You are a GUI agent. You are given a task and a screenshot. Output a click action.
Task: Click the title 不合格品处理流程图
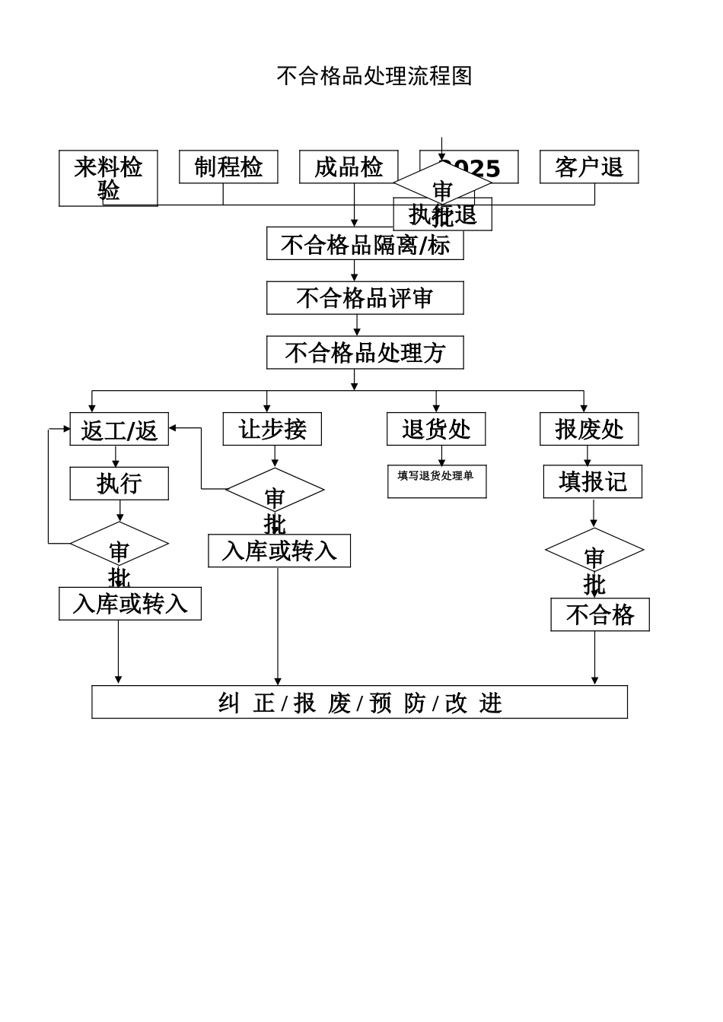(374, 76)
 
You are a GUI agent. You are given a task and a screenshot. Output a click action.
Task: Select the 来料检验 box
(108, 178)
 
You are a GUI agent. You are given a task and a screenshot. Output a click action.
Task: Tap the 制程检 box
(228, 167)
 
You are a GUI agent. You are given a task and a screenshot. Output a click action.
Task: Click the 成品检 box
(349, 167)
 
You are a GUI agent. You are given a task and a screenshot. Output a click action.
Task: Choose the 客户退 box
(589, 167)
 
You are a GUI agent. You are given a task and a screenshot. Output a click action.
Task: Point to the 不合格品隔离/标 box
(365, 243)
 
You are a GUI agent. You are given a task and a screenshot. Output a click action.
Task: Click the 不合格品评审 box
(365, 298)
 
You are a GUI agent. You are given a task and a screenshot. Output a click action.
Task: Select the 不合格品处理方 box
(365, 353)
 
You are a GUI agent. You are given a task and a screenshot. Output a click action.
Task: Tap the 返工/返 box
(119, 430)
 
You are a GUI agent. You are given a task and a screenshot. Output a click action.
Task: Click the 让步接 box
(272, 429)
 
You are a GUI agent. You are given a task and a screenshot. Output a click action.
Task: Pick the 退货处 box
(436, 429)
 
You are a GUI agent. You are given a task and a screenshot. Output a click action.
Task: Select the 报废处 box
(589, 429)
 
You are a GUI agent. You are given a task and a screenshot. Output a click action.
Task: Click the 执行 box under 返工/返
(119, 484)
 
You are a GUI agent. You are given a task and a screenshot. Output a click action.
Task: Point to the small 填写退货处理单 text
(435, 476)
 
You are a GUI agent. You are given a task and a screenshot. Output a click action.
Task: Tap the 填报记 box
(592, 481)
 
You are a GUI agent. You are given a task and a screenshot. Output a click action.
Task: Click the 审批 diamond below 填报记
(594, 551)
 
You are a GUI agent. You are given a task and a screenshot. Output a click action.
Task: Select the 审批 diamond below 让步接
(275, 490)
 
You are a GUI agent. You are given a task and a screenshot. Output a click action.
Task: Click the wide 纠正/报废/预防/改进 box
(359, 702)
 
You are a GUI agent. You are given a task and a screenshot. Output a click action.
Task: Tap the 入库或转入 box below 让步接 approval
(279, 551)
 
